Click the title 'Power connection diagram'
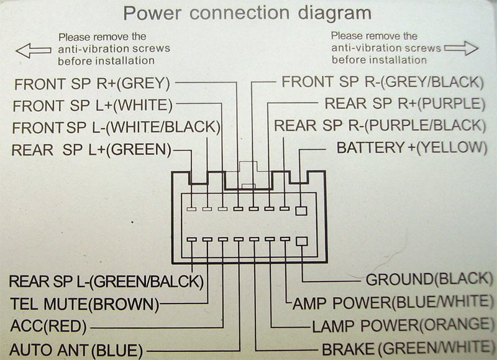247,13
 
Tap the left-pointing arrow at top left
33,50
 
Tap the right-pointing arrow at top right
462,48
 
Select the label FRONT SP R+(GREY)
92,83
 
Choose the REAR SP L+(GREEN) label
92,149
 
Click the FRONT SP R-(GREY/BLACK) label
382,82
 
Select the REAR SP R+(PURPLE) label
404,104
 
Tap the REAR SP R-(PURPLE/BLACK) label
379,125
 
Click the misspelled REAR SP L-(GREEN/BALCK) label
106,281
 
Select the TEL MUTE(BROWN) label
84,304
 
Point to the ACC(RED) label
49,325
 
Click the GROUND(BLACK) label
426,280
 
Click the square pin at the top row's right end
301,211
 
